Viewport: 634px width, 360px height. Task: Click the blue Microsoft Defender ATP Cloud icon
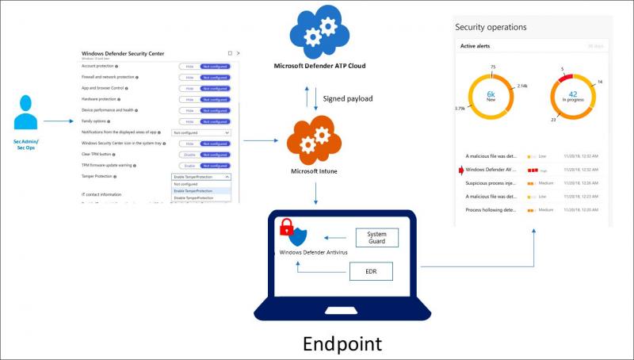coord(319,31)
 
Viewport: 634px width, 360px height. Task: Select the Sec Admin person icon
coord(25,111)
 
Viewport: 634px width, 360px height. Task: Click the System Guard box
coord(377,236)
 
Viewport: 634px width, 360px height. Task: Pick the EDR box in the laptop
coord(371,271)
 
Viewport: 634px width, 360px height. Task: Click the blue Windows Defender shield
coord(297,237)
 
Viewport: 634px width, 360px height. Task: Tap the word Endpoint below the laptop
coord(342,343)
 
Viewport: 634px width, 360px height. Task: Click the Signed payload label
coord(347,99)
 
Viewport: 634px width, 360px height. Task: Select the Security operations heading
coord(491,27)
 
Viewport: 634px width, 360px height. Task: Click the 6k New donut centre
coord(491,95)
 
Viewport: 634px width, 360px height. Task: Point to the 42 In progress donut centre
coord(573,95)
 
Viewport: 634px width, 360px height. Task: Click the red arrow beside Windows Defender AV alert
coord(460,170)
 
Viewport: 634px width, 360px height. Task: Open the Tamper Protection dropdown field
coord(201,177)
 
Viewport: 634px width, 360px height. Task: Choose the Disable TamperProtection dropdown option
coord(193,197)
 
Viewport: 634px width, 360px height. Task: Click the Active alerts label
coord(479,47)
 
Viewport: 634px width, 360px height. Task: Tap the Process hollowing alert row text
coord(492,209)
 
